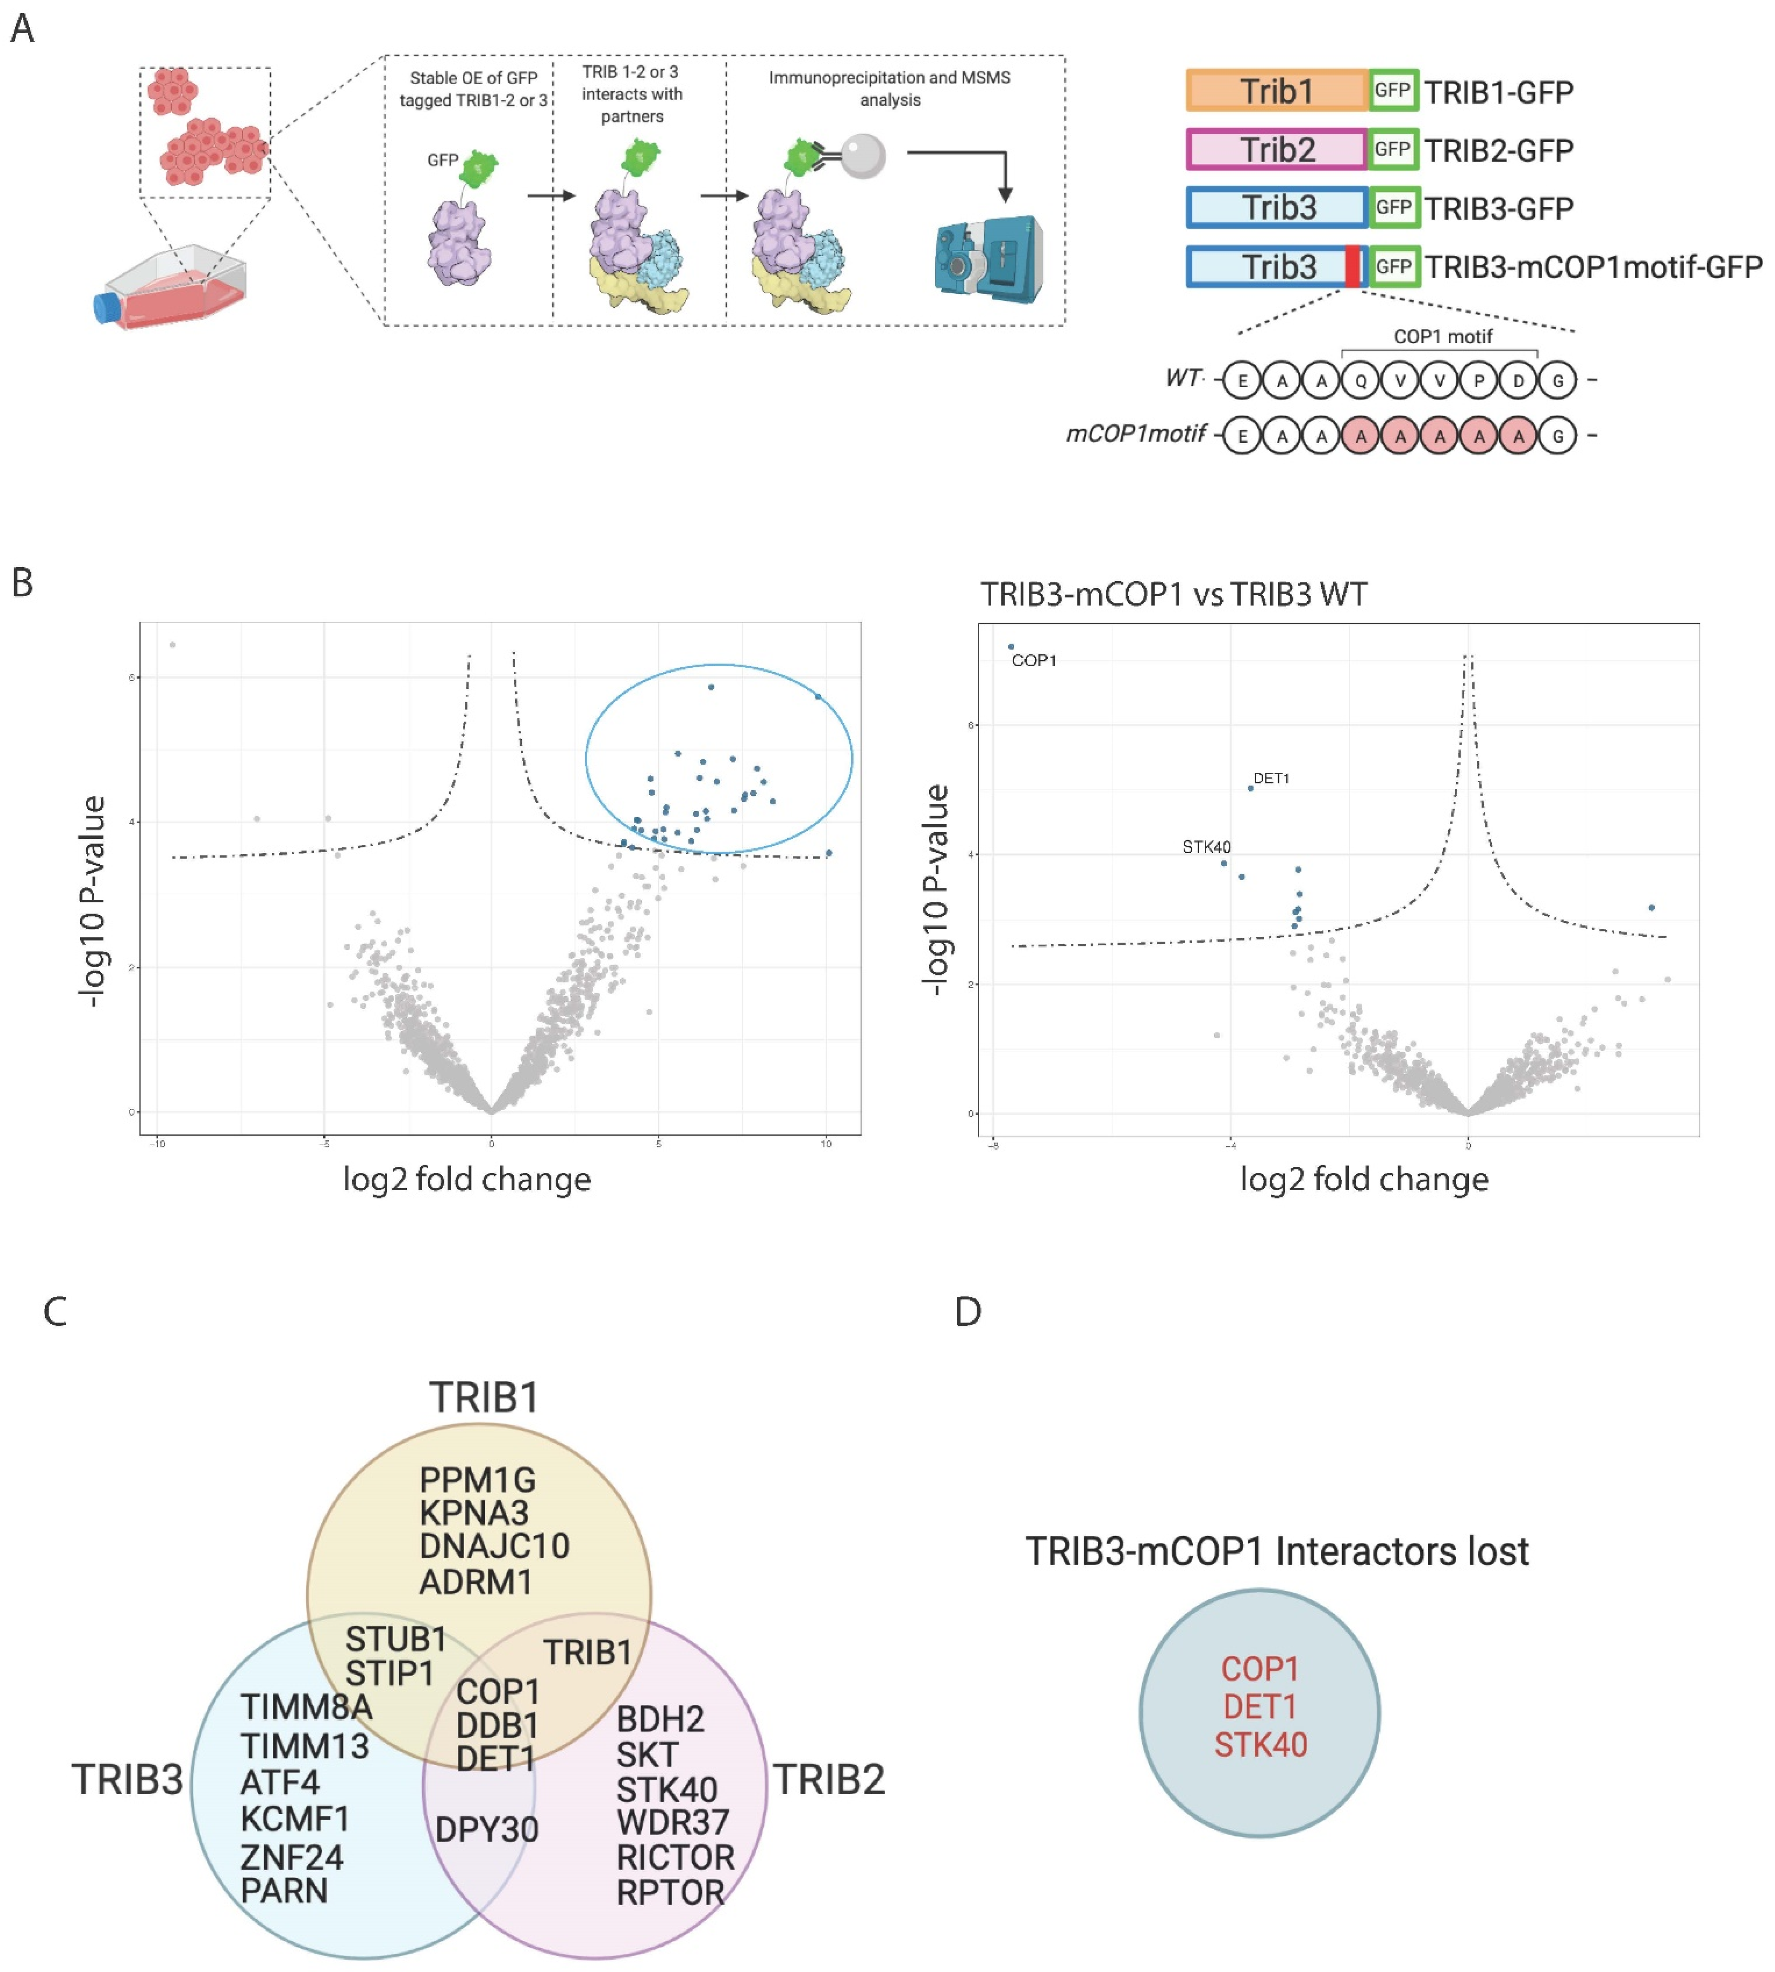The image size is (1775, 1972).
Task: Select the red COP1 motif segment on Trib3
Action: [x=1353, y=266]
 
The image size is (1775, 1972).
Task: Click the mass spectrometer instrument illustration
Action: [x=988, y=258]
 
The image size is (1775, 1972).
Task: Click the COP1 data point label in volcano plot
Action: [x=1034, y=660]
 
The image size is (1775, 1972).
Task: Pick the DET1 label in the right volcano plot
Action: [x=1271, y=778]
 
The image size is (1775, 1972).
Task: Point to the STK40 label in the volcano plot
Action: [x=1207, y=847]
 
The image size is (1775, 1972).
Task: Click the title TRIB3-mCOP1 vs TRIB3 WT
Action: [x=1173, y=594]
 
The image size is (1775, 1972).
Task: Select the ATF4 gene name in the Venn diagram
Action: [x=280, y=1782]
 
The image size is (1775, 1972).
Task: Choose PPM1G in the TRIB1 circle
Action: [x=477, y=1479]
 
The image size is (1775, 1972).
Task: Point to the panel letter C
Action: [x=55, y=1312]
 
